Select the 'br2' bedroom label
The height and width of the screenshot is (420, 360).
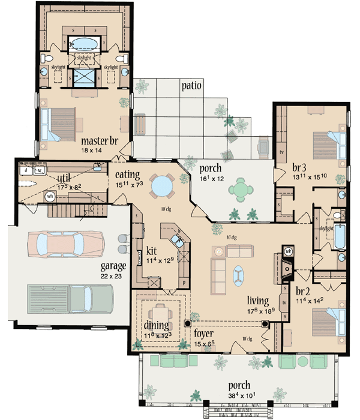[302, 292]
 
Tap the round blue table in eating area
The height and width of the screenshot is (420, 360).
[161, 187]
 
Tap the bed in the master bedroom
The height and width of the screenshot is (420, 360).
[59, 125]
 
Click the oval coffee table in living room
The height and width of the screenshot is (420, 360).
[239, 274]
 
